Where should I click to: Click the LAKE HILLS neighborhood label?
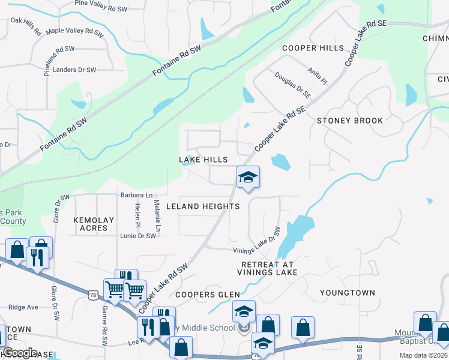pos(203,160)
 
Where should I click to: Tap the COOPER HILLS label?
pos(313,48)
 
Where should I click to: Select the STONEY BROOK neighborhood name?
pos(349,121)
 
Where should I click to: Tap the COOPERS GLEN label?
pos(207,295)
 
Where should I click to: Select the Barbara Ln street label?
pos(136,195)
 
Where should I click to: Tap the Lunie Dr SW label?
pos(138,236)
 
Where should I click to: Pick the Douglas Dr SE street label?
pos(293,85)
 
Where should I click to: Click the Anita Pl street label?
pos(319,76)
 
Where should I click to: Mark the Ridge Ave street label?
pos(23,307)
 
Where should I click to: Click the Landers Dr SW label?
pos(74,70)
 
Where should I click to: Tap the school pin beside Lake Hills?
pos(248,177)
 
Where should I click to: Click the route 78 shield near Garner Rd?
pos(92,295)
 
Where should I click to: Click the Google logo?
pos(20,353)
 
